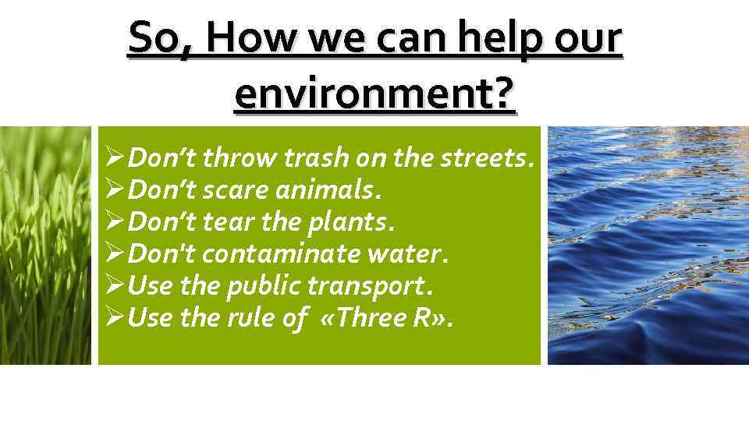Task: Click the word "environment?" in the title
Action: [x=374, y=95]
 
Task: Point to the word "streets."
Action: [x=488, y=159]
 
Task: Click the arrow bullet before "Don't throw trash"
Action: [x=115, y=159]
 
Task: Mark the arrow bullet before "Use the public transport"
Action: [x=115, y=286]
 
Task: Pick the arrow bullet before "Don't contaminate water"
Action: [x=115, y=254]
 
